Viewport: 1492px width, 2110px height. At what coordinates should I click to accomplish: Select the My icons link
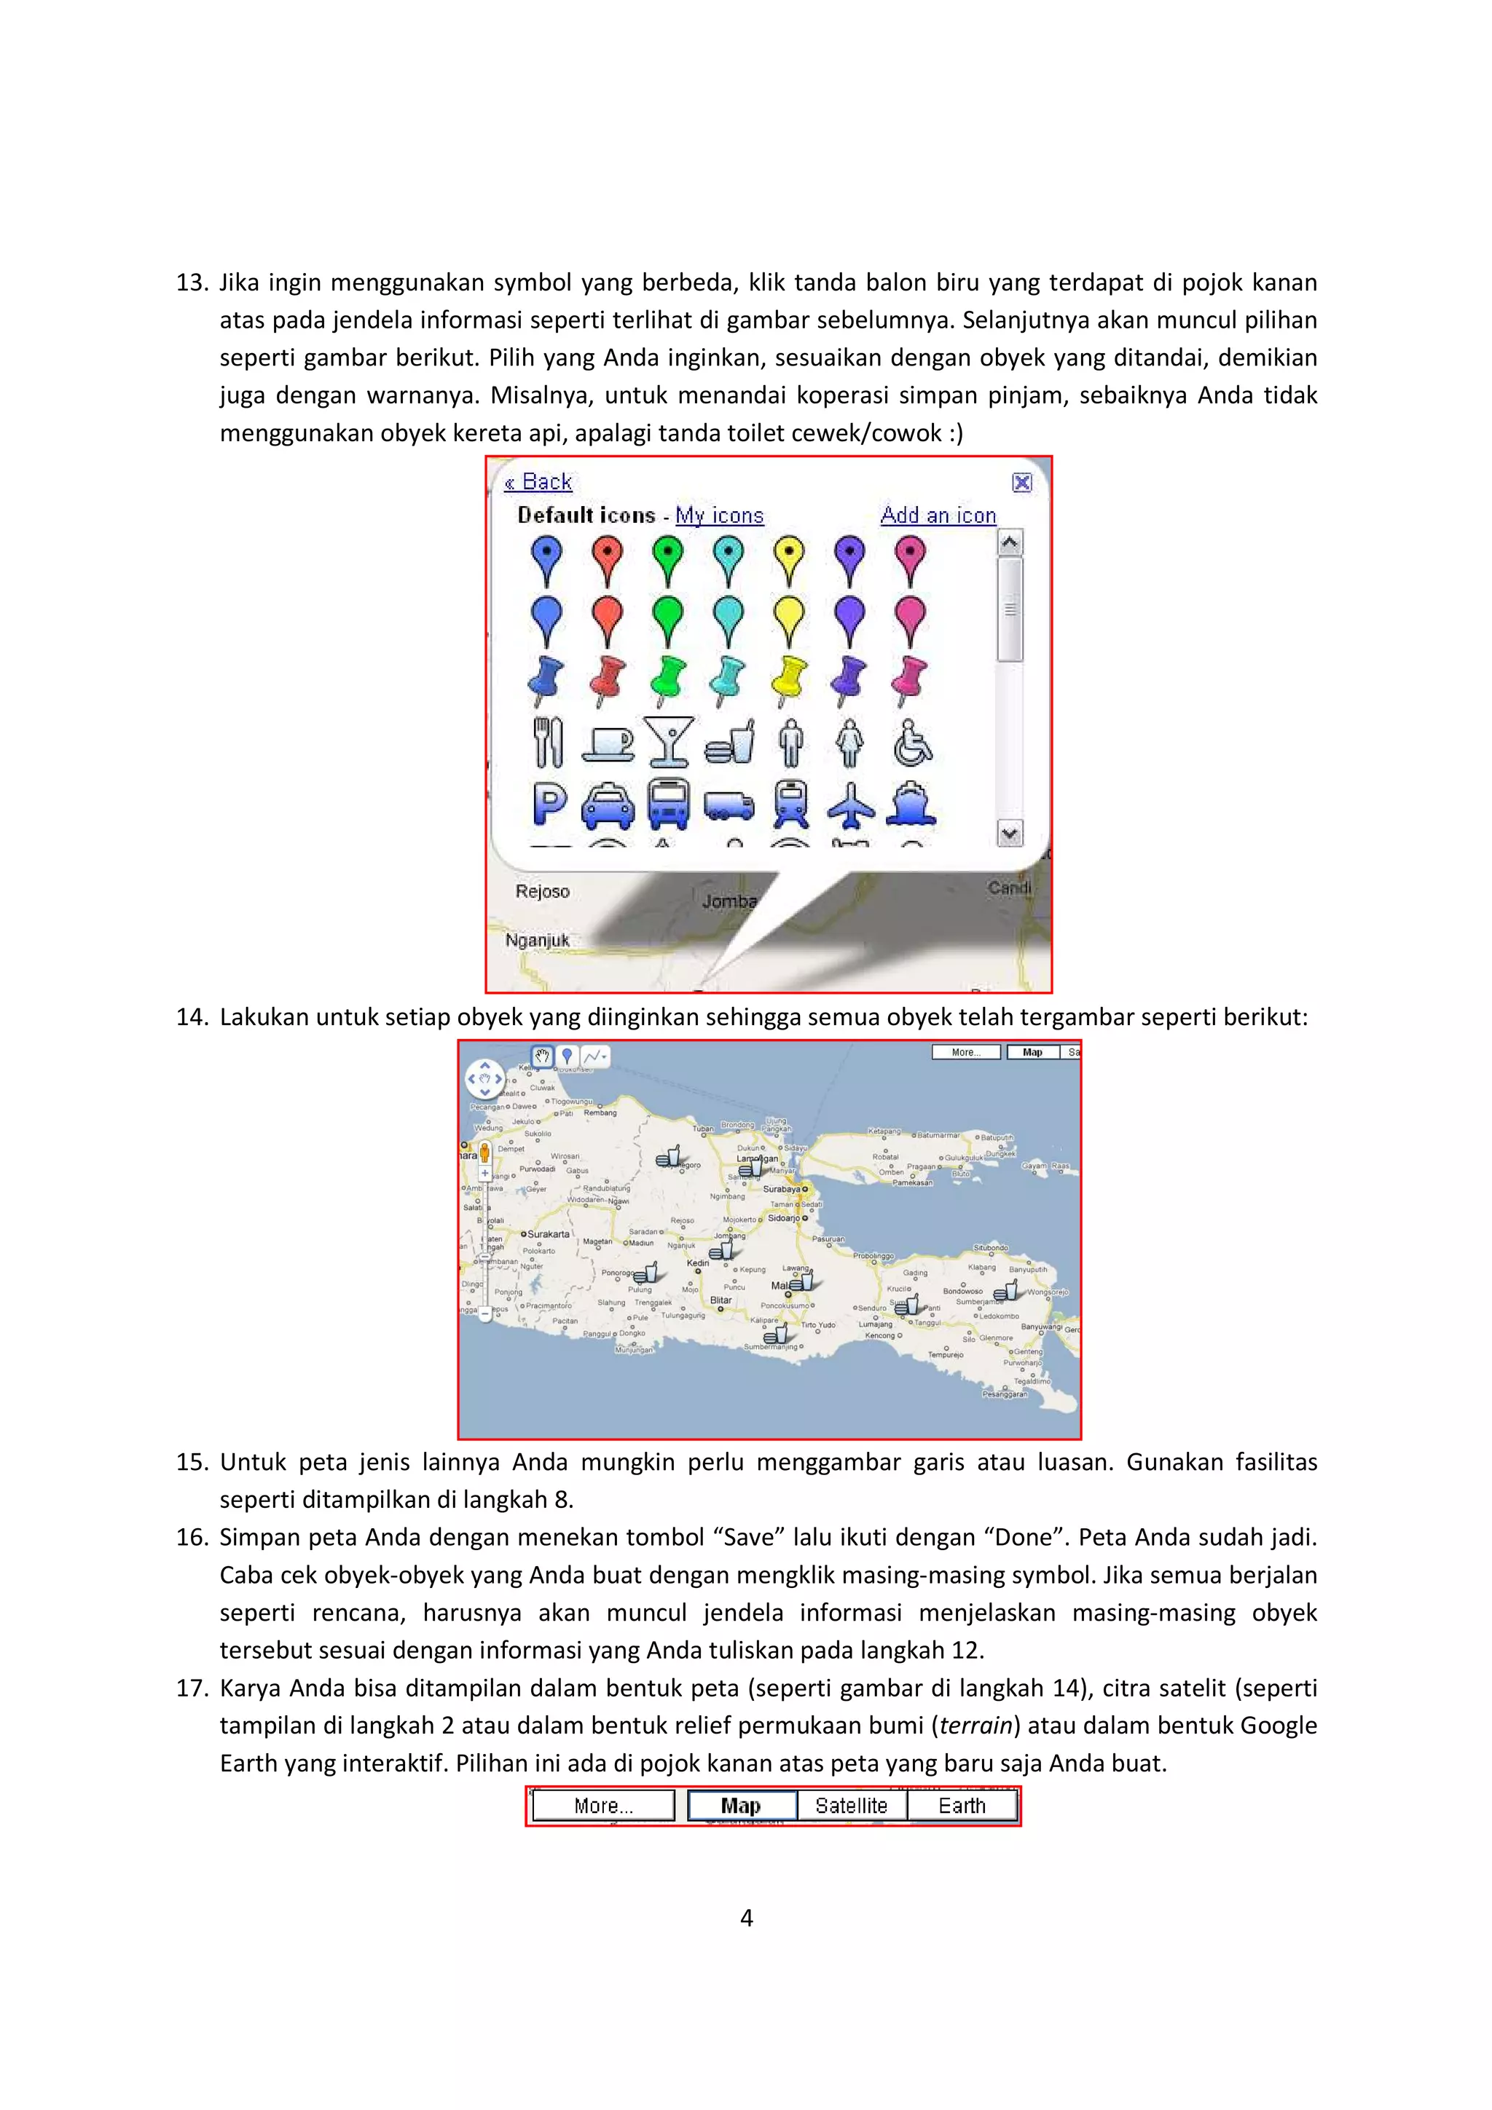[x=719, y=515]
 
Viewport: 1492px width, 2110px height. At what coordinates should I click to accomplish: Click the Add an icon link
[x=938, y=515]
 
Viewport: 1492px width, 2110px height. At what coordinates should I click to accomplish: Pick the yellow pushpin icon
[x=789, y=680]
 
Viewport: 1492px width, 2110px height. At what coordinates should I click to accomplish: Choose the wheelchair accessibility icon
[x=912, y=743]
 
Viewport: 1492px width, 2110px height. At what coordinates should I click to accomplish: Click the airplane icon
[x=851, y=805]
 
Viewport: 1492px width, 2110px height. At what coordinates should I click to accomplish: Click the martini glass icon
[x=668, y=743]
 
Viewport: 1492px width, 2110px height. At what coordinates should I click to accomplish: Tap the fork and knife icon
[x=548, y=743]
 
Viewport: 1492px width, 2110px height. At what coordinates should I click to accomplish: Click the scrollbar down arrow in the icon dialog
[x=1010, y=834]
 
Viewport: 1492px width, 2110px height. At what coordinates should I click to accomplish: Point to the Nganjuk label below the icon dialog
[x=537, y=940]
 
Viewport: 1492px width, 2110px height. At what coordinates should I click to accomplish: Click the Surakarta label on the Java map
[x=548, y=1234]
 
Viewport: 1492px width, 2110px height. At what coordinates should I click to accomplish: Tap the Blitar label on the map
[x=721, y=1300]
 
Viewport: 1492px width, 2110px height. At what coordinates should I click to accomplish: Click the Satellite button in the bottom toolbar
[x=851, y=1806]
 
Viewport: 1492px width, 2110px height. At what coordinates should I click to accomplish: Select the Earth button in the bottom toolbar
[x=962, y=1806]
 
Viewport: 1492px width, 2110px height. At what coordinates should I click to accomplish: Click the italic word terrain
[x=975, y=1726]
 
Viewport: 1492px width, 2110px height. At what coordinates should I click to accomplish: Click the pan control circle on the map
[x=484, y=1079]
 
